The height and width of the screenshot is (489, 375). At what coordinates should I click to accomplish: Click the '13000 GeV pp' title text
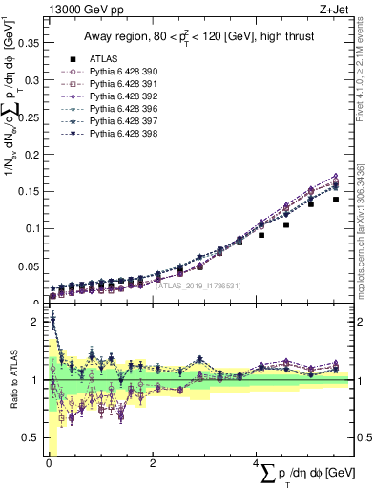(80, 9)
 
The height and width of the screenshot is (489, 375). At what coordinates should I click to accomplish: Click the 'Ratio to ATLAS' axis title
(12, 381)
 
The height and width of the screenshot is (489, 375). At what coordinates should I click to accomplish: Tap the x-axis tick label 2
(153, 463)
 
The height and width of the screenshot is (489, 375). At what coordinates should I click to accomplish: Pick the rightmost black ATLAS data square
(335, 200)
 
